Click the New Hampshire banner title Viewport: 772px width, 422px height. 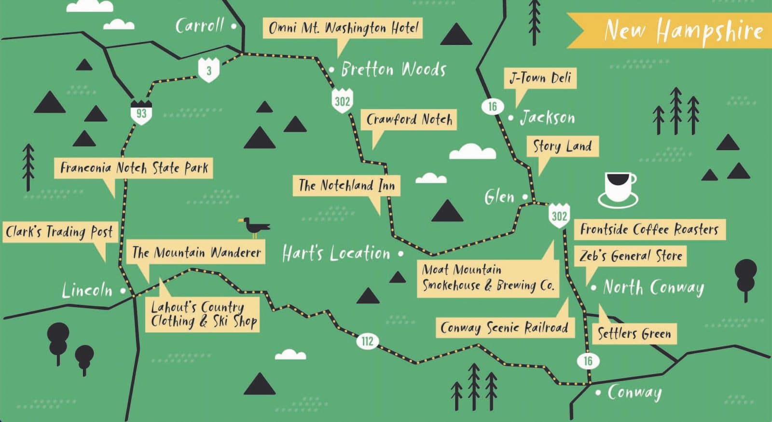(683, 31)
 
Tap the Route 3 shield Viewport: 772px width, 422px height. (209, 70)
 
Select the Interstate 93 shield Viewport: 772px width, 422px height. (141, 112)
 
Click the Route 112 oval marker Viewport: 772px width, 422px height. (367, 341)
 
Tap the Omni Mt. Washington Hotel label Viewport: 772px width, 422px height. (343, 28)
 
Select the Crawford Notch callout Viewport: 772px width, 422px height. (409, 119)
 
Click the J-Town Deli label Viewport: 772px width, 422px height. (540, 78)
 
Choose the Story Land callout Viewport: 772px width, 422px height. (562, 146)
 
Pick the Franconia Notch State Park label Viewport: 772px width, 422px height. (134, 168)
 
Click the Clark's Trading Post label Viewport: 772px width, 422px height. (59, 232)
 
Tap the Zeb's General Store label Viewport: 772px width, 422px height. (631, 256)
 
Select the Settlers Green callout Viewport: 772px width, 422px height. (634, 333)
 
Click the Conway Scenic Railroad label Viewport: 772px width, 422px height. (504, 327)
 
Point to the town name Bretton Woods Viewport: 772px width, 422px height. (393, 69)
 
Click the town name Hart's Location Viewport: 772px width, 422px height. (336, 253)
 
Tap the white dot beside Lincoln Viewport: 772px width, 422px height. (123, 291)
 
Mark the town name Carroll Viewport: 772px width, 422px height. (200, 26)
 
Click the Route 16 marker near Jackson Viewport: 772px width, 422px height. (492, 107)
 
